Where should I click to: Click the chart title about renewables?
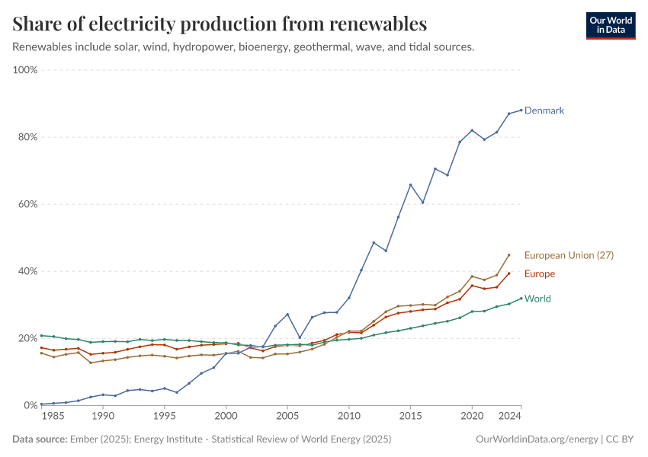click(x=220, y=24)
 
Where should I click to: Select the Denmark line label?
click(x=544, y=110)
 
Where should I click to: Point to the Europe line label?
click(x=540, y=274)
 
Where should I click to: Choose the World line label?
click(x=537, y=299)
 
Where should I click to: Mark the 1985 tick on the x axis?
click(x=53, y=417)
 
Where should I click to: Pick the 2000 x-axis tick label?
click(x=226, y=417)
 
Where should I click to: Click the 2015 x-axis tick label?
click(x=411, y=417)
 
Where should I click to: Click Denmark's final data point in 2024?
click(x=521, y=110)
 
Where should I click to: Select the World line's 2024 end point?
click(x=521, y=299)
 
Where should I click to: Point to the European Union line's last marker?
click(x=509, y=255)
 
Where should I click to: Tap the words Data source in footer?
click(x=38, y=439)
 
